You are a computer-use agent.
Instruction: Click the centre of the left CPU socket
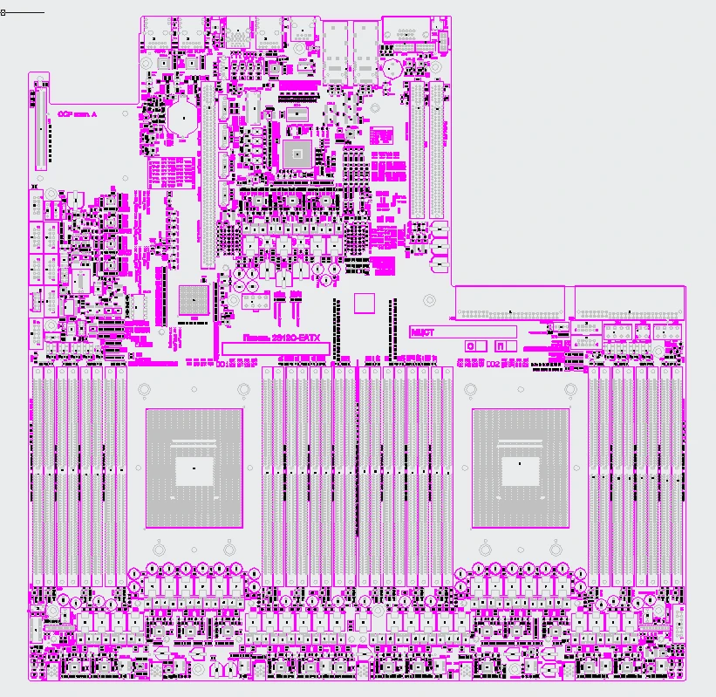194,468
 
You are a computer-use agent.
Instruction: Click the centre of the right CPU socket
520,468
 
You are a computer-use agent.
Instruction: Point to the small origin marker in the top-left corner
3,13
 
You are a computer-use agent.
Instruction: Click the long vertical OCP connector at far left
38,127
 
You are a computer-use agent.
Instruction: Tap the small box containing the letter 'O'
474,345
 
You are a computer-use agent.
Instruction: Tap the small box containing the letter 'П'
503,345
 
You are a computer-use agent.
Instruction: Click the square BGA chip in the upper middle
297,154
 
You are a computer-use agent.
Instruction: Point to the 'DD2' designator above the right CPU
493,362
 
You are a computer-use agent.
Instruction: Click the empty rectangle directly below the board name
276,348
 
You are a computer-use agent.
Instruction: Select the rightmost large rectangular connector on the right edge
630,303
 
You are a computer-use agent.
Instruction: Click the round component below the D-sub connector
393,66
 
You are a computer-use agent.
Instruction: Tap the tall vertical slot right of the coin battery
208,174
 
